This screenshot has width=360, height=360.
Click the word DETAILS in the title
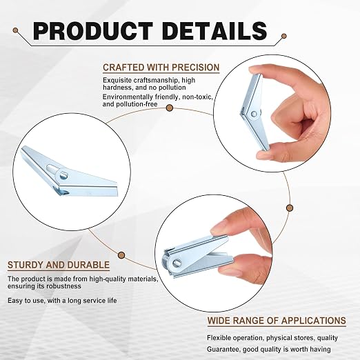214,31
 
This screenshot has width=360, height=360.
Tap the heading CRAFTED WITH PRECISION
161,68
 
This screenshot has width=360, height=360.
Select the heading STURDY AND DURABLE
59,265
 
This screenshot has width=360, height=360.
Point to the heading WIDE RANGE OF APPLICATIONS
277,321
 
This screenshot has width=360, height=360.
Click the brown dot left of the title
15,30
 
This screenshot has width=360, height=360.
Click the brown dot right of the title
284,36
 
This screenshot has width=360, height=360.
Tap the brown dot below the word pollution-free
170,108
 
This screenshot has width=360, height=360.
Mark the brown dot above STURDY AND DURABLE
121,255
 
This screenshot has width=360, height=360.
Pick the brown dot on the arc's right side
290,208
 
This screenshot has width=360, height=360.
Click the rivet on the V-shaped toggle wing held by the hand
254,113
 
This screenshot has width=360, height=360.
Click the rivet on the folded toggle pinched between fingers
177,262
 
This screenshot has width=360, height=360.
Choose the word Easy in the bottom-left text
14,301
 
